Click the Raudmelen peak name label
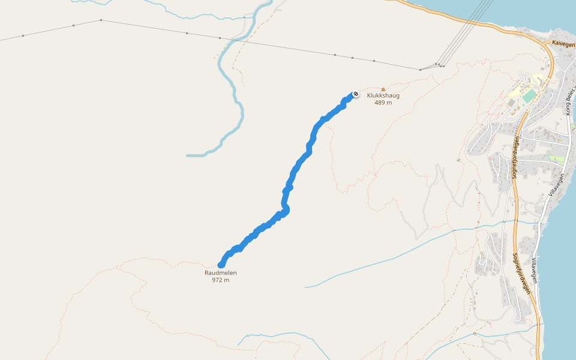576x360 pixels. click(x=220, y=272)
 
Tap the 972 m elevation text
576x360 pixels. click(x=220, y=280)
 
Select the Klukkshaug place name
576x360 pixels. click(x=383, y=95)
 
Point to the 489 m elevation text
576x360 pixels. click(x=383, y=103)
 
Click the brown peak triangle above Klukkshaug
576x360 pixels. click(x=383, y=89)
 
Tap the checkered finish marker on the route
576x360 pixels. click(x=355, y=94)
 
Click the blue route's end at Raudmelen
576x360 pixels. click(x=221, y=265)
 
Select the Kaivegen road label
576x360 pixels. click(x=563, y=44)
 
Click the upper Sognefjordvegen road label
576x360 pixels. click(x=515, y=157)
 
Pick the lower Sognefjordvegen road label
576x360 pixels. click(x=522, y=273)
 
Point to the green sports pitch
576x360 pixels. click(x=529, y=96)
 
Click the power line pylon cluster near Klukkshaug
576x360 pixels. click(x=439, y=65)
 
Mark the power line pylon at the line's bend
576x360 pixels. click(x=101, y=20)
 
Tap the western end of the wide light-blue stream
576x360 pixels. click(x=188, y=155)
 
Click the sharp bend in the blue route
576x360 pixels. click(x=286, y=209)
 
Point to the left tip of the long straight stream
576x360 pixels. click(x=305, y=287)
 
